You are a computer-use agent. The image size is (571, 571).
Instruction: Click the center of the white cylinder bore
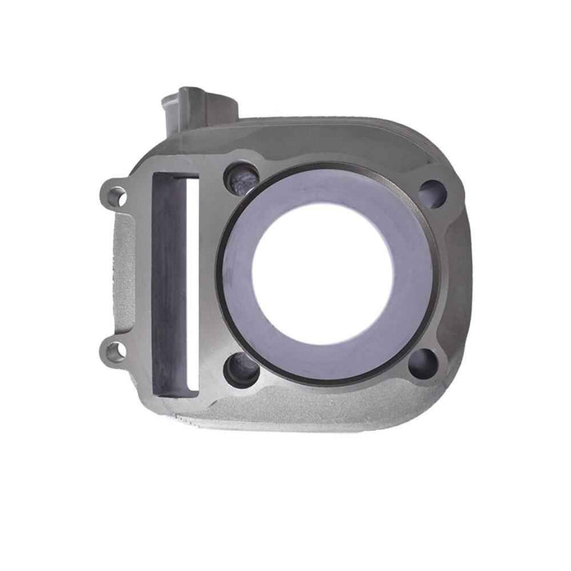coord(323,272)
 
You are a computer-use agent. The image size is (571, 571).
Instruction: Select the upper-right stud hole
coord(432,193)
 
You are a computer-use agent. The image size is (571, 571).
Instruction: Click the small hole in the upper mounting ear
coord(117,196)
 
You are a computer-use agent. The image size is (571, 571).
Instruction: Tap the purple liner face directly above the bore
coord(326,189)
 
